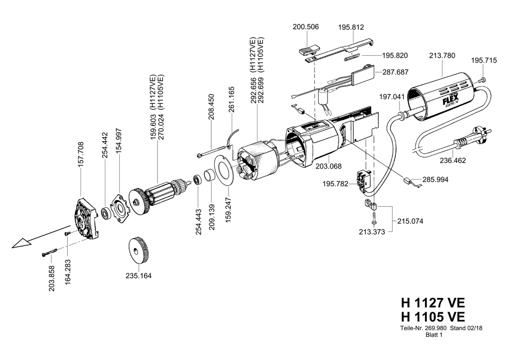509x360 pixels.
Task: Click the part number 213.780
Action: pos(442,56)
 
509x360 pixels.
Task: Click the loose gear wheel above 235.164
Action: pos(139,251)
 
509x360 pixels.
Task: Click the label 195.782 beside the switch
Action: pos(336,184)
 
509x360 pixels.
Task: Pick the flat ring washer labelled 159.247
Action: pos(224,171)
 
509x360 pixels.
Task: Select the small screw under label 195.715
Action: pos(482,79)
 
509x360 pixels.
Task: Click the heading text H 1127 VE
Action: pos(433,302)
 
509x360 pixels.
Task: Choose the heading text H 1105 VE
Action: pos(433,317)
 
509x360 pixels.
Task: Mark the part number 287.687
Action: pos(395,72)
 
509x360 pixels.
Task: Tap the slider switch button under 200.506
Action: pos(308,51)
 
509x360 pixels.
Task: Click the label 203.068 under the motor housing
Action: pos(329,167)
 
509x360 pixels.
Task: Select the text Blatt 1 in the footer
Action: pos(433,335)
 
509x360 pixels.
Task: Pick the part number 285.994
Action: pos(435,180)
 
